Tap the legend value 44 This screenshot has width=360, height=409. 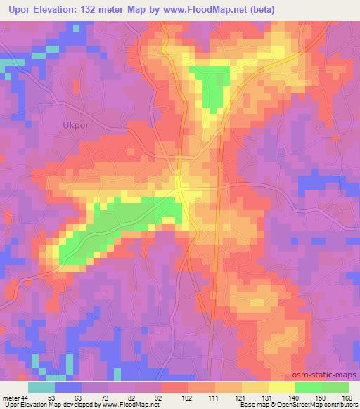click(x=25, y=398)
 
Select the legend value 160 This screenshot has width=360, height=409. click(x=347, y=398)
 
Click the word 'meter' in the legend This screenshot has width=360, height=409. click(x=11, y=398)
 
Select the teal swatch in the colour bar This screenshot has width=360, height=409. click(x=41, y=387)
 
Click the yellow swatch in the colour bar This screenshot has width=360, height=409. click(x=281, y=387)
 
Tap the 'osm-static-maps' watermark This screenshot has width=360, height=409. click(x=325, y=375)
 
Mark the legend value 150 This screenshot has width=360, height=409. click(x=321, y=398)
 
